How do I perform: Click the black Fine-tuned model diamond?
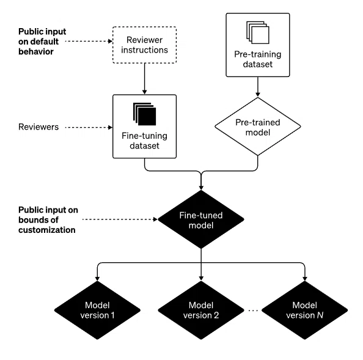point(201,219)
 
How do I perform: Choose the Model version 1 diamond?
point(97,310)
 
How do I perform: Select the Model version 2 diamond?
point(201,310)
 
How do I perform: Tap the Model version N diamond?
point(305,310)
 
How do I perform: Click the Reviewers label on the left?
point(38,127)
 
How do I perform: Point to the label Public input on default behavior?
point(42,42)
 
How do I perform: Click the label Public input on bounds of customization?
point(48,219)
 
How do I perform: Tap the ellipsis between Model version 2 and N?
point(253,310)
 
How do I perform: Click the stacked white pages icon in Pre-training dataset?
point(258,32)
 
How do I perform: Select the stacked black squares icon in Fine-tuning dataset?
point(144,114)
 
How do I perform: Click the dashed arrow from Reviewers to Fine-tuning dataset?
point(89,127)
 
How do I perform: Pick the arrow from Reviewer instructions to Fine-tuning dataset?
point(144,79)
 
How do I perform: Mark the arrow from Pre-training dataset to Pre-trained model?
point(258,87)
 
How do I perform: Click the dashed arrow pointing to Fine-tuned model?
point(120,219)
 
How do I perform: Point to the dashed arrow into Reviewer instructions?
point(89,41)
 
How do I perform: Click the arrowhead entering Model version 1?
point(97,279)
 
